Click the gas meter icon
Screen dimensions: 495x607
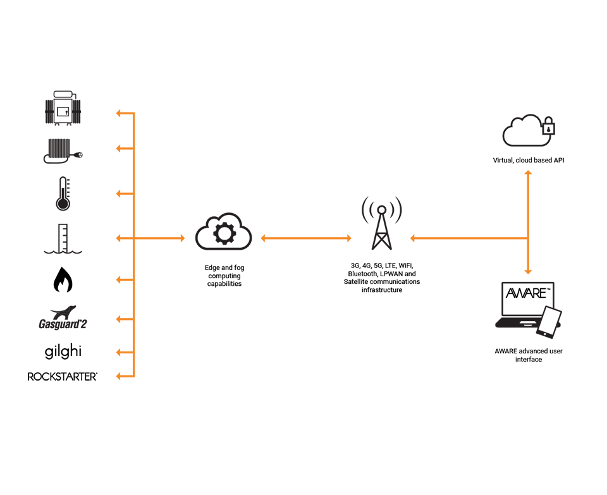click(x=63, y=109)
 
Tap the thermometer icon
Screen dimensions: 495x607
click(x=63, y=193)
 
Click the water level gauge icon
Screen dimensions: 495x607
click(x=63, y=238)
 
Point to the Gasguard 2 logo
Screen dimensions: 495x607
click(x=63, y=318)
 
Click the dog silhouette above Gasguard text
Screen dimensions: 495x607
click(x=64, y=311)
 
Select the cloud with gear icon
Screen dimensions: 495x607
click(x=223, y=232)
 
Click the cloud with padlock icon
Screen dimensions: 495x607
click(x=527, y=131)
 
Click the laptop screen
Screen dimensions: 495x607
click(x=527, y=299)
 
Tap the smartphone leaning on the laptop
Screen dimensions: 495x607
click(x=549, y=322)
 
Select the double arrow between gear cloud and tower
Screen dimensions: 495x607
click(x=305, y=238)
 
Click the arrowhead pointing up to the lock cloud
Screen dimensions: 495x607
click(x=528, y=173)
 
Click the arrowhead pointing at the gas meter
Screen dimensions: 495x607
click(x=119, y=113)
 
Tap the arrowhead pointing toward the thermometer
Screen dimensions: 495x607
click(x=119, y=193)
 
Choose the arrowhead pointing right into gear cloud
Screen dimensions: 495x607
click(x=182, y=238)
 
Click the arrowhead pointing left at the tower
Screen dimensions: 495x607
click(x=413, y=238)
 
